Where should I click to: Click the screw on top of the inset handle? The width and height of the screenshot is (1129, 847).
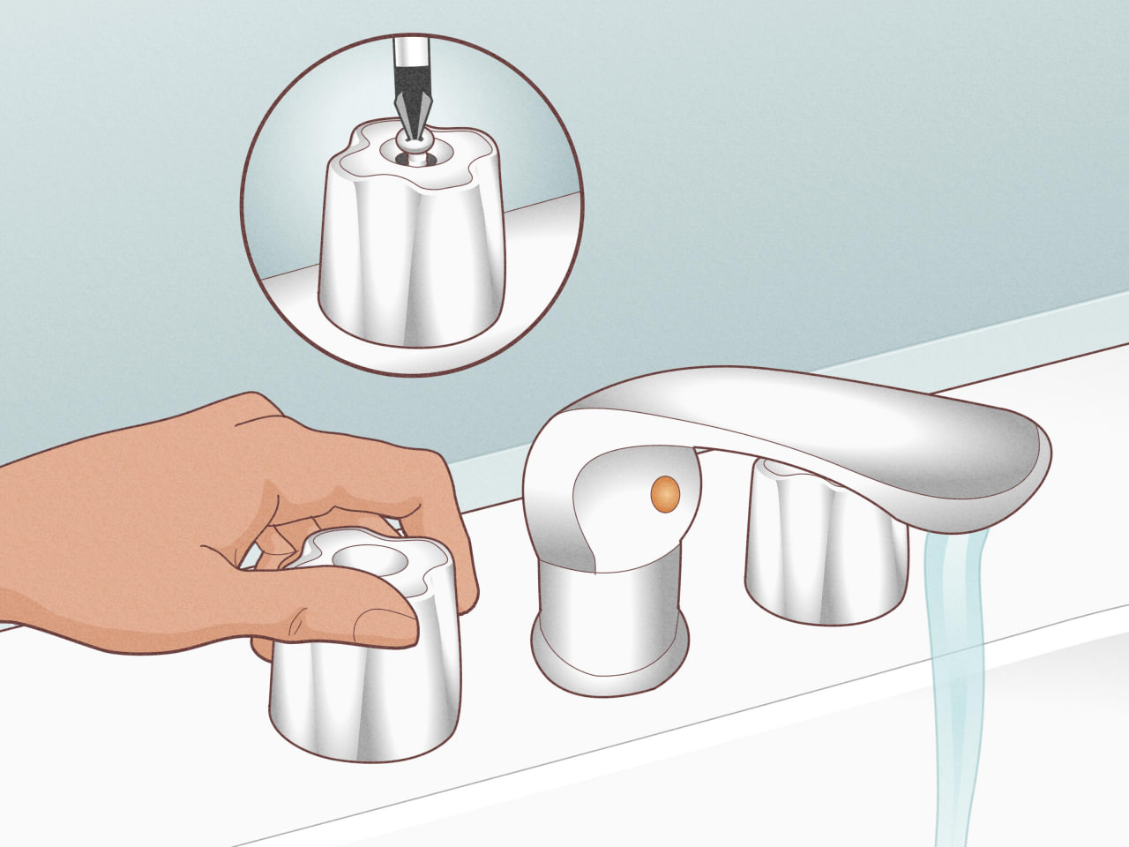pyautogui.click(x=410, y=146)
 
